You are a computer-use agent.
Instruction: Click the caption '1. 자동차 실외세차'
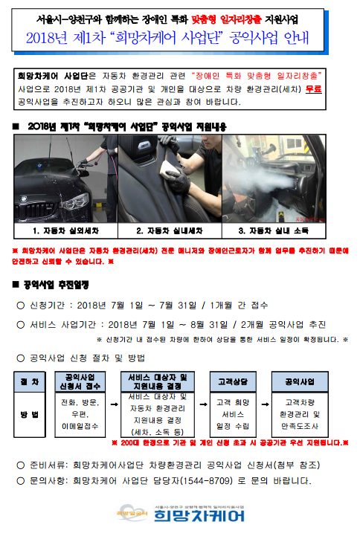[x=65, y=230]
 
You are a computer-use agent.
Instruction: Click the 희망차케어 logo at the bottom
[x=181, y=514]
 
